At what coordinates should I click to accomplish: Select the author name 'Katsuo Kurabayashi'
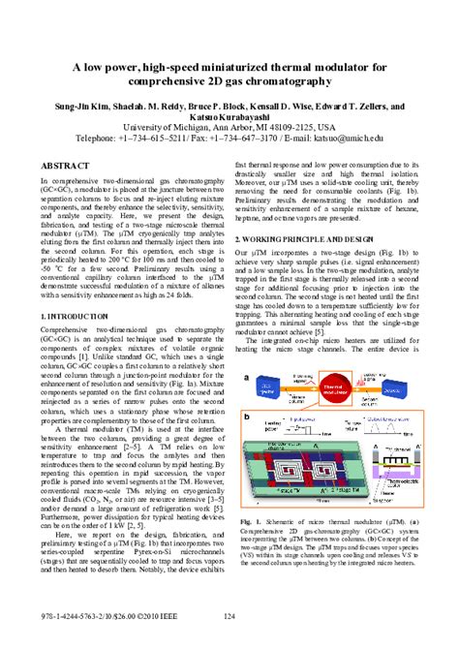pos(229,114)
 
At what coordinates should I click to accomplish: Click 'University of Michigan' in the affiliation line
pos(174,126)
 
